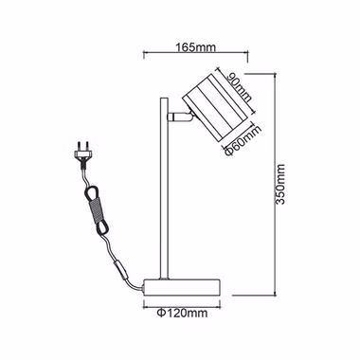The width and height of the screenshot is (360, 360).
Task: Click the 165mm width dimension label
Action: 196,47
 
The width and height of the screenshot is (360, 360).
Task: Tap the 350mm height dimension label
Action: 280,184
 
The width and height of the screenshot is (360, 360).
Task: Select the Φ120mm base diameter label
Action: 182,314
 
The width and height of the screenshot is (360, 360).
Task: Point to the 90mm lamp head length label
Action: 241,87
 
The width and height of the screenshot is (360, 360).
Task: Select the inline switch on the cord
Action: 120,268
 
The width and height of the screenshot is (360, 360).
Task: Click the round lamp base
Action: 182,287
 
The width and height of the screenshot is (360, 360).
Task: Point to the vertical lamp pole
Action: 164,189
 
